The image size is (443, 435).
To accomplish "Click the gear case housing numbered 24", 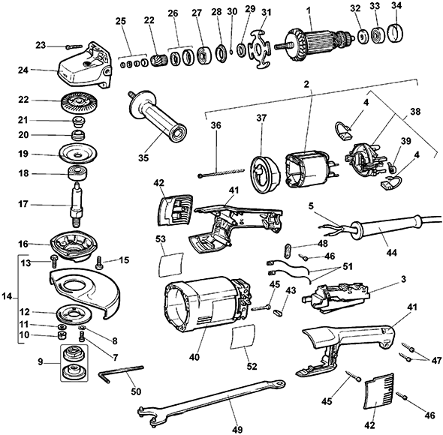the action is coord(85,67).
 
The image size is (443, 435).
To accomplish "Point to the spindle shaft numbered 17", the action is coord(77,203).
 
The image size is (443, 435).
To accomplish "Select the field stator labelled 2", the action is coord(308,169).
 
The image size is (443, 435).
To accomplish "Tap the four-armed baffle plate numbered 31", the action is coord(259,50).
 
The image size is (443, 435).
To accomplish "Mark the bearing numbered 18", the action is coord(77,174).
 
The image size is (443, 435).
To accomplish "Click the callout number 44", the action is coord(392,252).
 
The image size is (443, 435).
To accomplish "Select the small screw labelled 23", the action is coord(74,46).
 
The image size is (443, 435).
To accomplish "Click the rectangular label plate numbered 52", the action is coord(243,337).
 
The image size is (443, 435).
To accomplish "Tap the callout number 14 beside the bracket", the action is coord(8,296).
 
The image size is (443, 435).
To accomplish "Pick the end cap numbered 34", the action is coord(395,34).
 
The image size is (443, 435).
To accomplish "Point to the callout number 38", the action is coord(414,112).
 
